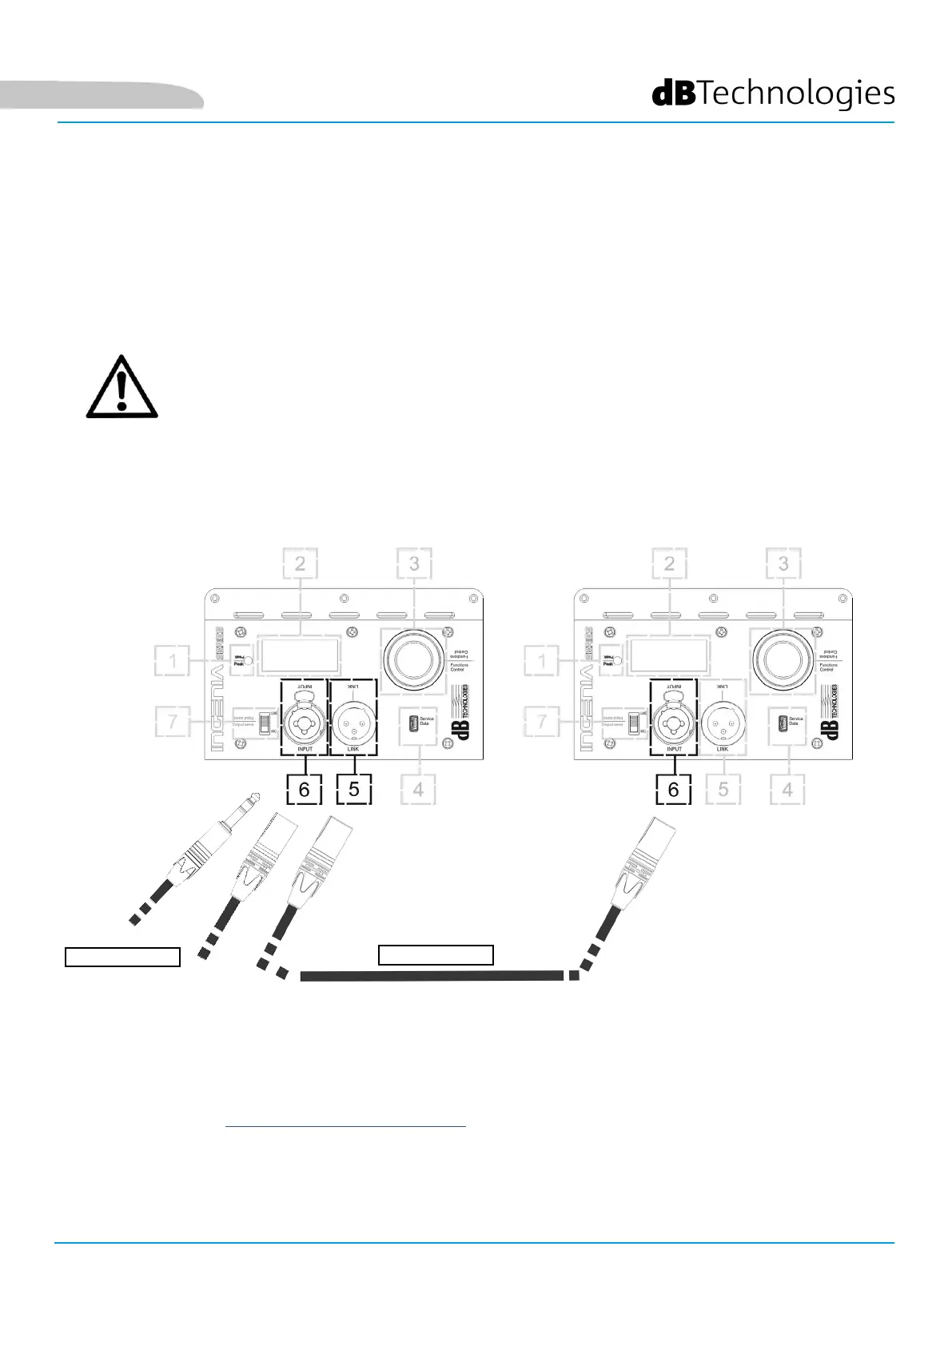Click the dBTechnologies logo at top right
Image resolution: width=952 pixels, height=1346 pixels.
(x=773, y=94)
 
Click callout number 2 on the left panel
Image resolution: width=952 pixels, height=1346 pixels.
(x=300, y=563)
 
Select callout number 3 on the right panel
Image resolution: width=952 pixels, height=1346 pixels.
(x=783, y=563)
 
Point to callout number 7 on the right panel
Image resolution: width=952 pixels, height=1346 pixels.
(x=543, y=722)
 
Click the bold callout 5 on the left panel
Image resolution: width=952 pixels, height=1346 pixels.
(x=354, y=789)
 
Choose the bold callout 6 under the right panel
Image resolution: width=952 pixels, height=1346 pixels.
(x=673, y=789)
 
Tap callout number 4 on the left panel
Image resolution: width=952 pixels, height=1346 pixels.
(x=418, y=790)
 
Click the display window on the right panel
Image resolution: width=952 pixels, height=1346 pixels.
(x=669, y=655)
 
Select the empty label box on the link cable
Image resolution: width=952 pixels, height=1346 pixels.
(x=436, y=954)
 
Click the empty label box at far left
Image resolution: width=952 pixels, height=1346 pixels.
(x=122, y=957)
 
